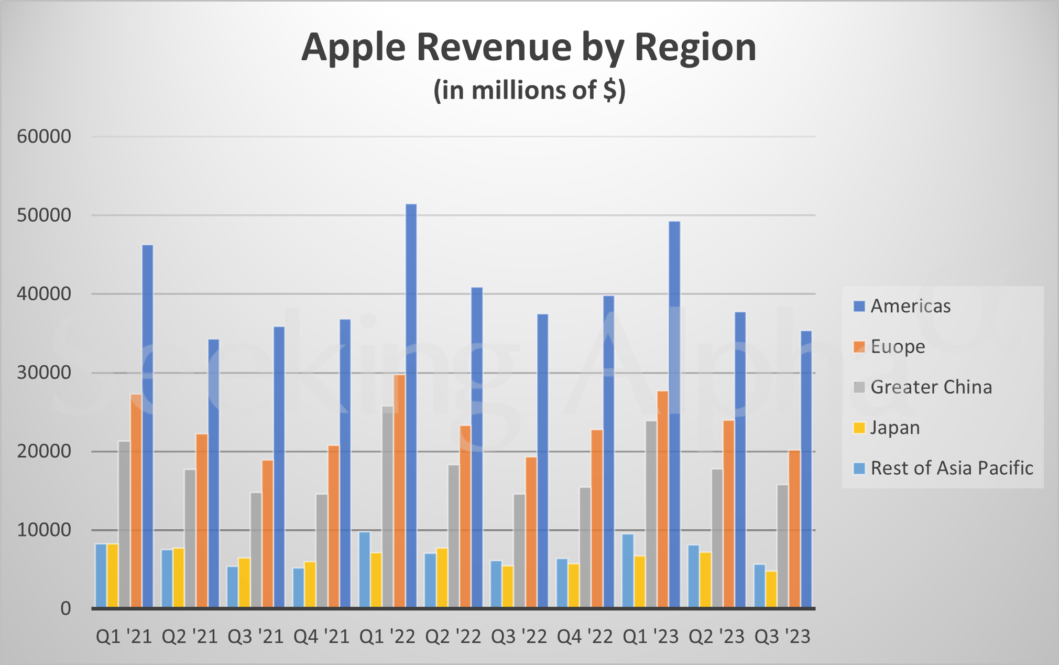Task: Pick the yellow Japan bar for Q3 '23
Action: (771, 589)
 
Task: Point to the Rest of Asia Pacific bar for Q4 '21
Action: (298, 587)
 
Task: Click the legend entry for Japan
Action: (894, 428)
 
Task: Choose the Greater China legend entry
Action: (931, 387)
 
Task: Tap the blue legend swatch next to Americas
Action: (859, 306)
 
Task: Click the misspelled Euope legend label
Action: (897, 346)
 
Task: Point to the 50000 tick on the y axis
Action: (44, 215)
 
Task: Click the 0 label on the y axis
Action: (65, 608)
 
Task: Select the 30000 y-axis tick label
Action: (44, 373)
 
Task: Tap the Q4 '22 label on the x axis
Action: (584, 637)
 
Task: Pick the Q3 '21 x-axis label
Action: (255, 637)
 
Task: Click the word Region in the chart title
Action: (695, 47)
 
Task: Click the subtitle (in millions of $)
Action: (529, 90)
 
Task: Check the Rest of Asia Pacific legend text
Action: (951, 468)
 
